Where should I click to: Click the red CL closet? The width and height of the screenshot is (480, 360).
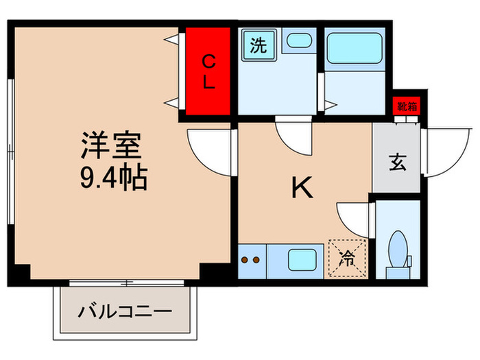pyautogui.click(x=208, y=72)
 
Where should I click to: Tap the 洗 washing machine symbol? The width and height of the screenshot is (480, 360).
pyautogui.click(x=258, y=46)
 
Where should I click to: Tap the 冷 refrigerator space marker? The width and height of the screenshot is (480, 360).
pyautogui.click(x=348, y=259)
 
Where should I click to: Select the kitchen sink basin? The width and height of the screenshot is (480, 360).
pyautogui.click(x=301, y=261)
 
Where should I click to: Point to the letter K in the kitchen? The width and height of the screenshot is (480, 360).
pyautogui.click(x=302, y=187)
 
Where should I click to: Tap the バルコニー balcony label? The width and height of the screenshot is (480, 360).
pyautogui.click(x=124, y=313)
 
